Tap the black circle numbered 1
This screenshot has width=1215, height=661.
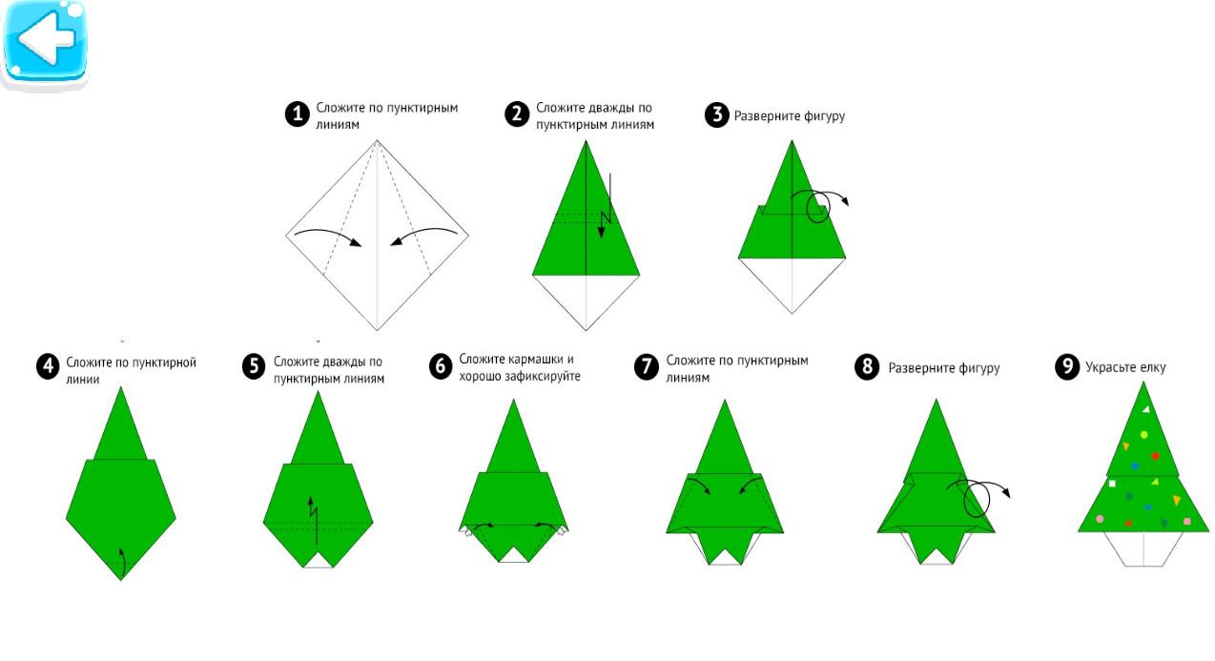pyautogui.click(x=298, y=114)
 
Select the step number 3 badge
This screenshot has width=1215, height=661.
pyautogui.click(x=716, y=115)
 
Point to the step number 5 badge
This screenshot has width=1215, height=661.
pyautogui.click(x=254, y=366)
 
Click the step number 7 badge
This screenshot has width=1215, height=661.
pyautogui.click(x=646, y=366)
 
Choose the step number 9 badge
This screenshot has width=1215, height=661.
pyautogui.click(x=1067, y=366)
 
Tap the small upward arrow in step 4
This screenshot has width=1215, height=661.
pyautogui.click(x=123, y=561)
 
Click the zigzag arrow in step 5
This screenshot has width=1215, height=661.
pyautogui.click(x=313, y=520)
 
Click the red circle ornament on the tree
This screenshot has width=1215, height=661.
pyautogui.click(x=1155, y=456)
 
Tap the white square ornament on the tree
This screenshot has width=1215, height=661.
pyautogui.click(x=1113, y=483)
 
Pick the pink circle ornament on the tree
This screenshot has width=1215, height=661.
pyautogui.click(x=1100, y=519)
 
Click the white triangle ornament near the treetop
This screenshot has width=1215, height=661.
pyautogui.click(x=1146, y=409)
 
